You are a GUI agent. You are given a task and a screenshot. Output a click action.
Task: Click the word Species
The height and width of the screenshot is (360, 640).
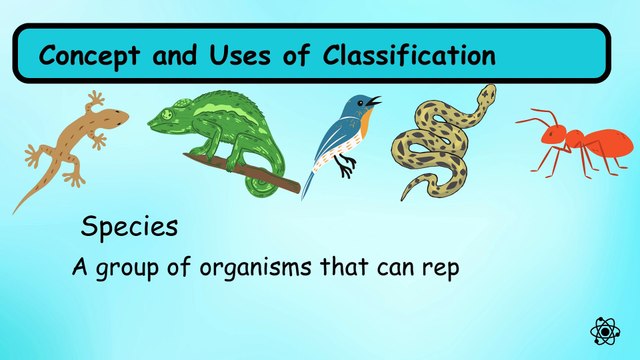click(x=129, y=228)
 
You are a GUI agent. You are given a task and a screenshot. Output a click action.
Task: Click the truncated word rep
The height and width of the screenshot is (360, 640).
click(x=438, y=270)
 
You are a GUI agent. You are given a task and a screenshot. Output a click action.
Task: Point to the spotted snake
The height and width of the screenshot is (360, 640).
click(x=440, y=145)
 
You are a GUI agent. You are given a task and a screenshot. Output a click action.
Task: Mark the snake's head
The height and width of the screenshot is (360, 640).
click(x=485, y=94)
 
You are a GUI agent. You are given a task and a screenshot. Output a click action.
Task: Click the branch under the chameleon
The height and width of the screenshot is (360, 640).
click(x=270, y=180)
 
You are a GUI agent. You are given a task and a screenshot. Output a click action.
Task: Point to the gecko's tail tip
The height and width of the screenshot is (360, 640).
click(x=16, y=210)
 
